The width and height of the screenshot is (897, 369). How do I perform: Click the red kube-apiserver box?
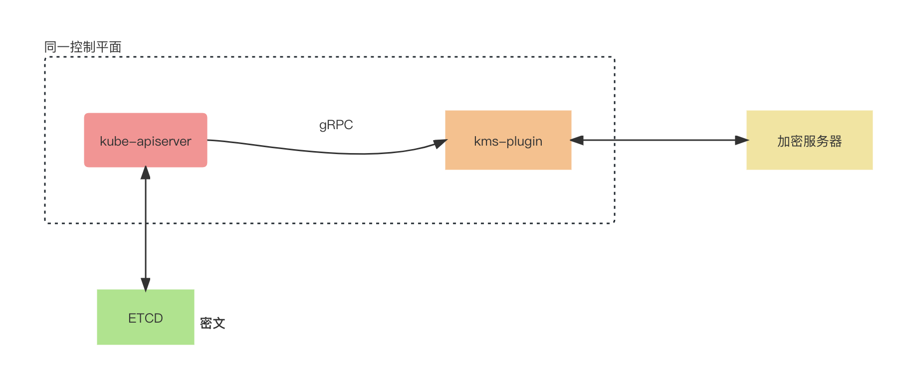146,140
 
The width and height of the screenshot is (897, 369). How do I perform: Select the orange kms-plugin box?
508,140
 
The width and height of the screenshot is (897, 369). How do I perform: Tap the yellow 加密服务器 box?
809,140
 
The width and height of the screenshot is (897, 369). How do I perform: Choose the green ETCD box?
146,317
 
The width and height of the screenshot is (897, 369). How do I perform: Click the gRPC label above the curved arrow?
336,125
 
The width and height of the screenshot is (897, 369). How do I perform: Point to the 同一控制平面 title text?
83,47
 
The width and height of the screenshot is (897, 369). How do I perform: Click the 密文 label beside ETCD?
213,323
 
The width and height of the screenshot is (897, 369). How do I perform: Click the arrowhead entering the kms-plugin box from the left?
440,144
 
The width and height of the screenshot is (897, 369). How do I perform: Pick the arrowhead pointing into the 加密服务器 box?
742,140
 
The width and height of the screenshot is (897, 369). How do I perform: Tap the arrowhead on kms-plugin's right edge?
577,140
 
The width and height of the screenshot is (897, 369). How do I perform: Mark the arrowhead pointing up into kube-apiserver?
146,173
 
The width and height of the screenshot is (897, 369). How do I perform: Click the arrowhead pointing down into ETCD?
146,285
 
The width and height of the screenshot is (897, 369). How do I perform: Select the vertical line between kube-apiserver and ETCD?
146,228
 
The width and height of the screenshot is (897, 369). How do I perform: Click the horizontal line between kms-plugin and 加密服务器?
659,140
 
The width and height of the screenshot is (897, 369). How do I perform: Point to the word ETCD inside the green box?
146,318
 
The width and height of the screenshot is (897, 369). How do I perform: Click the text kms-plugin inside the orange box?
508,142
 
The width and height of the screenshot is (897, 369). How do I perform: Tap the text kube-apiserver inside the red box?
146,142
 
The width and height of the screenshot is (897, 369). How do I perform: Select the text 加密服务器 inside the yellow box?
809,141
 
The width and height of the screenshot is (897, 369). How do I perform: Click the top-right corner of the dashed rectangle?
615,57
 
